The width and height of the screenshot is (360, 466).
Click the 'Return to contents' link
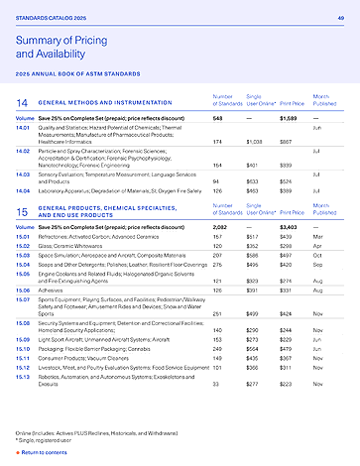(44, 452)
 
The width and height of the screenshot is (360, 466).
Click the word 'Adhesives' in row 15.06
(53, 290)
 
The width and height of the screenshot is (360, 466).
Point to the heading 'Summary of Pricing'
(62, 38)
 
